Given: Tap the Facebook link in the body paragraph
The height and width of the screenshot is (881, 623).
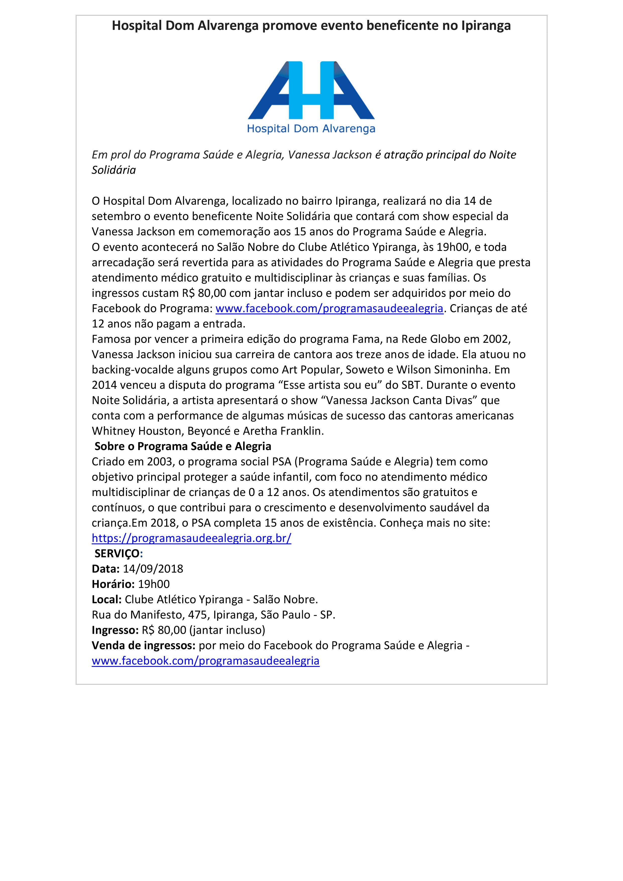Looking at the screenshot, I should pyautogui.click(x=329, y=308).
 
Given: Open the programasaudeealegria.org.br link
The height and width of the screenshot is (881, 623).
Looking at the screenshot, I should pyautogui.click(x=191, y=538).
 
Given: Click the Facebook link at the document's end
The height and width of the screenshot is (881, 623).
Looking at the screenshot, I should pyautogui.click(x=206, y=661).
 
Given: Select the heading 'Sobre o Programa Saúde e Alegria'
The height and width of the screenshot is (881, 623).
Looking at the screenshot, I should pyautogui.click(x=183, y=446).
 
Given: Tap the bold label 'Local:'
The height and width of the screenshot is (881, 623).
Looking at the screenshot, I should pyautogui.click(x=107, y=600).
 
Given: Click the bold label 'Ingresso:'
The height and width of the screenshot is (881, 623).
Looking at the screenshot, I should pyautogui.click(x=115, y=630).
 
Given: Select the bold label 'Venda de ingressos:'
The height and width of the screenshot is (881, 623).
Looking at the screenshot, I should pyautogui.click(x=143, y=645).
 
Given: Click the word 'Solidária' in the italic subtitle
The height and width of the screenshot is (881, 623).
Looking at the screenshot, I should pyautogui.click(x=114, y=170).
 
